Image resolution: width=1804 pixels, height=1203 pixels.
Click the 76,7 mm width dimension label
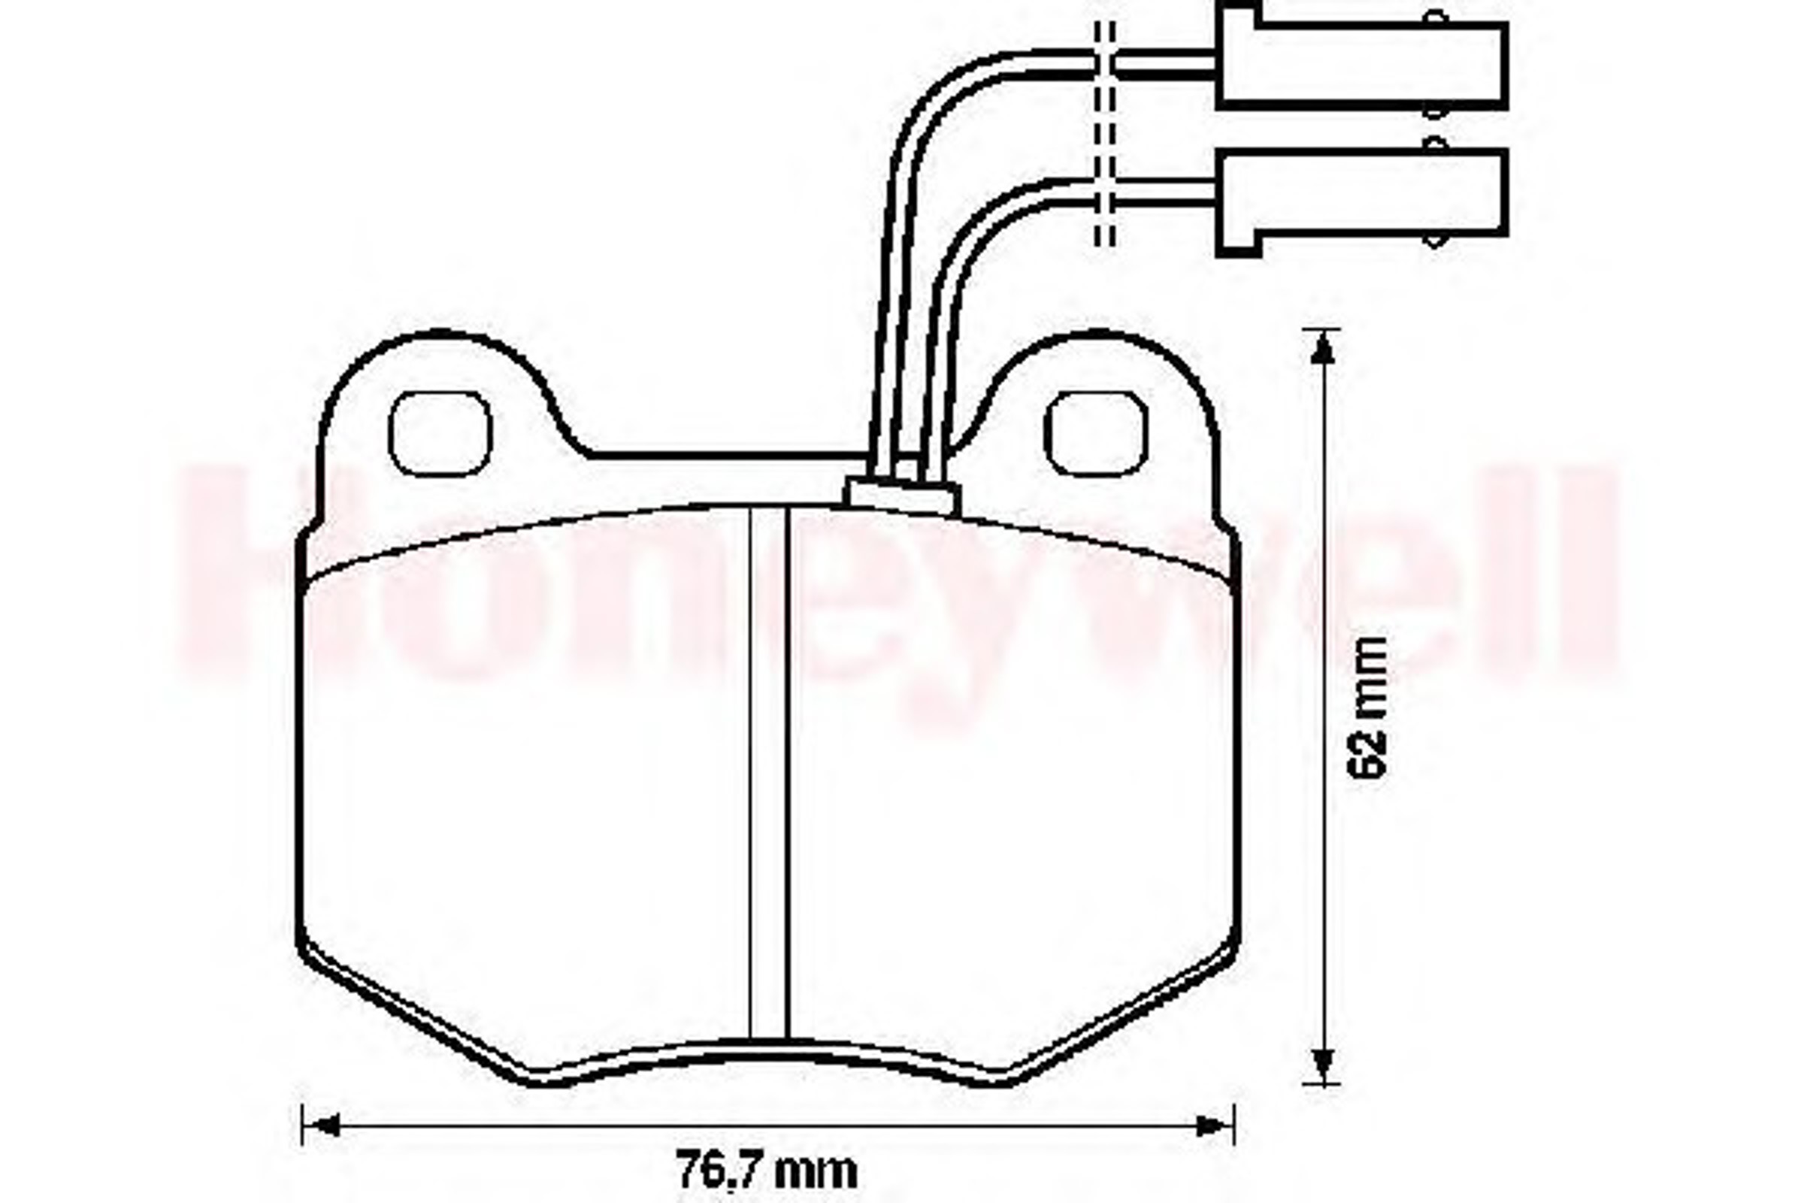[767, 1171]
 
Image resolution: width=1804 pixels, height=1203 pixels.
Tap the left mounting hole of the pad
[440, 434]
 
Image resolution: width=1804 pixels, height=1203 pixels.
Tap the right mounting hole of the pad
[1097, 434]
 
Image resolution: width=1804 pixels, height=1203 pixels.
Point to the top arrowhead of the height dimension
[1321, 349]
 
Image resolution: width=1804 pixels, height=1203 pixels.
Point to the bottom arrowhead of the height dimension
[1321, 1062]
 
